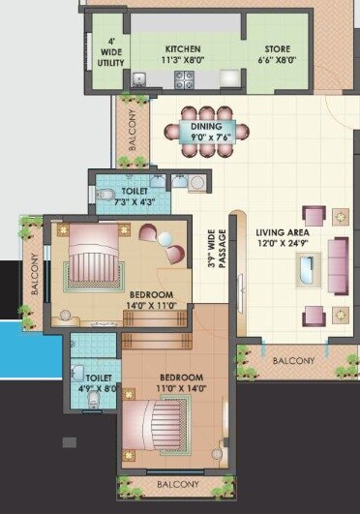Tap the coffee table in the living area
coord(302,268)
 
